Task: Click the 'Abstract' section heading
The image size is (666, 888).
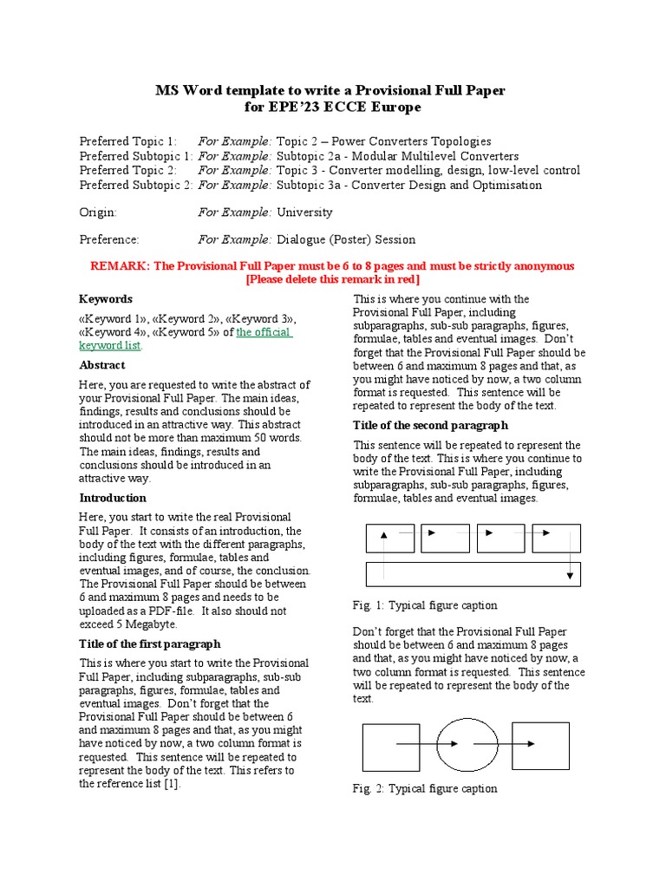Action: [102, 365]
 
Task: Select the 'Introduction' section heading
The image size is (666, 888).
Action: [113, 498]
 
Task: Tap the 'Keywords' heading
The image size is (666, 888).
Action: [106, 298]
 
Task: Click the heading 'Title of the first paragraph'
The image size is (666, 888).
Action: [150, 644]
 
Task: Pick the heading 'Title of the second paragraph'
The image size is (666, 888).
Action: [430, 425]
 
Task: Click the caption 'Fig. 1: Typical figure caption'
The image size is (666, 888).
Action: [425, 605]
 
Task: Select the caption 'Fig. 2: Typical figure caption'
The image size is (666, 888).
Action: [425, 788]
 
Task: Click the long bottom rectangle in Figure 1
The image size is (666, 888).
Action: [473, 574]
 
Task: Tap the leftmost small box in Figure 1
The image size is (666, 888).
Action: [390, 539]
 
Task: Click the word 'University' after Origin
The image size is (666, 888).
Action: [304, 212]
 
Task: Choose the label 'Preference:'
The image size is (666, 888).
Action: [109, 239]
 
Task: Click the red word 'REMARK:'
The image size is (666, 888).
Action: [119, 266]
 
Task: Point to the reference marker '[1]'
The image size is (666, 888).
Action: [172, 783]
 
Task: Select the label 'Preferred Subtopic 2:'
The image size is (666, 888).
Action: [136, 185]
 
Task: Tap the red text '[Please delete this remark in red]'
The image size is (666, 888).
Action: [333, 279]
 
